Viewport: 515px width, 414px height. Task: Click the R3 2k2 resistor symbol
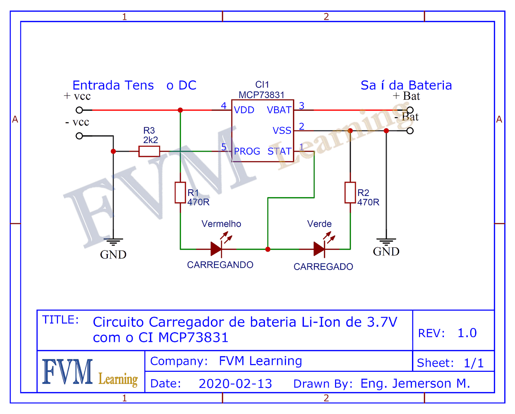[149, 151]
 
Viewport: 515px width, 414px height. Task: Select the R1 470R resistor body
[180, 193]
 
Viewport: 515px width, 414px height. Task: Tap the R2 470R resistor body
[350, 193]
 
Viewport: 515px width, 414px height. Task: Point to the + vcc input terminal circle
[79, 110]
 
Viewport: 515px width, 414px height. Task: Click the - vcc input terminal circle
[79, 136]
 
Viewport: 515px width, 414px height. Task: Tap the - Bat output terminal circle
[410, 131]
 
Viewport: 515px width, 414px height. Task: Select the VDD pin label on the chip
[244, 110]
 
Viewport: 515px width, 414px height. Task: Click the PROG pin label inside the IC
[247, 151]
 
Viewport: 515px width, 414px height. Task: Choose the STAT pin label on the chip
[279, 151]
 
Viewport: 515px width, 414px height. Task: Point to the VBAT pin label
[279, 110]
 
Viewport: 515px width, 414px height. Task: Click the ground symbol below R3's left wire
[113, 242]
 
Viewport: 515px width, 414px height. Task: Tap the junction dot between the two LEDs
[268, 249]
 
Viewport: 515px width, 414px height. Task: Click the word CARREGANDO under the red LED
[220, 265]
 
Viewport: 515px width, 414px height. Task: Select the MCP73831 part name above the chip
[261, 95]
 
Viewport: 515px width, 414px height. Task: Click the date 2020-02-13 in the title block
[235, 384]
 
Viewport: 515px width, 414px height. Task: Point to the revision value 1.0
[467, 333]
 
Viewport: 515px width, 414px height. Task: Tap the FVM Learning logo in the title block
[90, 372]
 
